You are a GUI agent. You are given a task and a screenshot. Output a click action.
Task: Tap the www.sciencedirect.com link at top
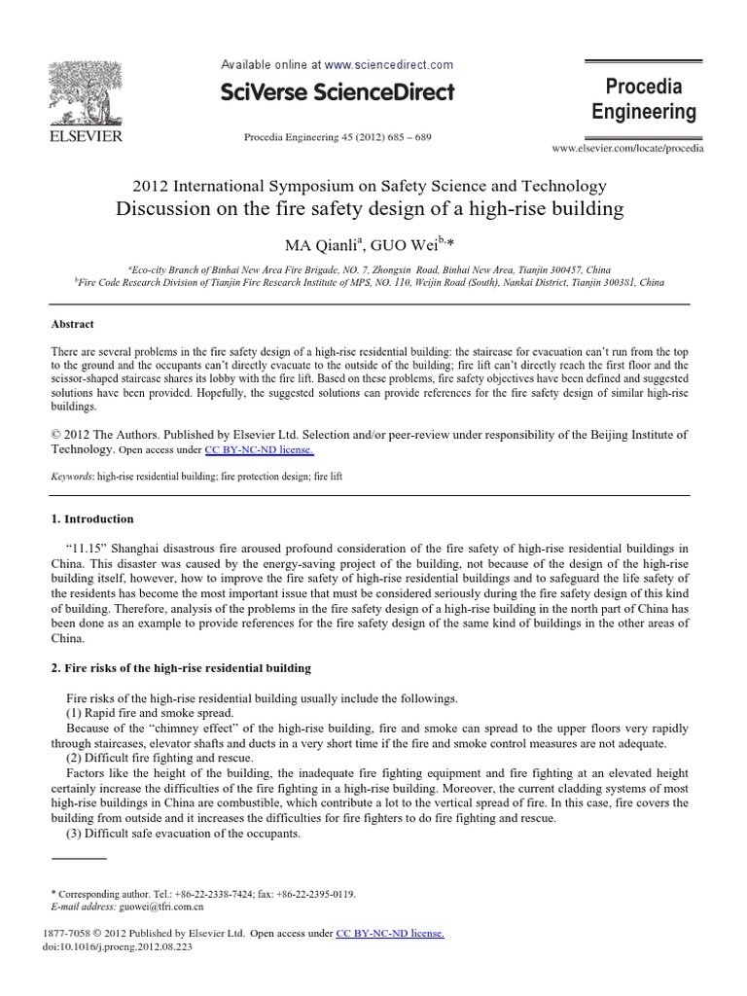click(389, 65)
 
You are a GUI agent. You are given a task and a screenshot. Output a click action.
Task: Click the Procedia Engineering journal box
click(644, 99)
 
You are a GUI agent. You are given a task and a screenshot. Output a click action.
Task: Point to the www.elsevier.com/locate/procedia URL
click(628, 149)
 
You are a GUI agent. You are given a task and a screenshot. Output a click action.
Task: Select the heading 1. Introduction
click(91, 519)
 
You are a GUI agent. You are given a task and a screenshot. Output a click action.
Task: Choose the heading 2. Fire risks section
click(180, 668)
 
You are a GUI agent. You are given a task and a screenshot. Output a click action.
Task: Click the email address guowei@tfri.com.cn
click(160, 905)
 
